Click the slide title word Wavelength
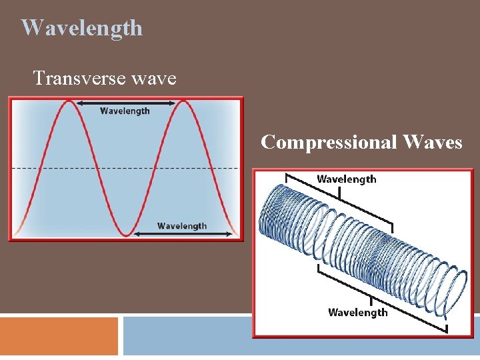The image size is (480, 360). click(81, 28)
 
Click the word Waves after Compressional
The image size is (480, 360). click(433, 142)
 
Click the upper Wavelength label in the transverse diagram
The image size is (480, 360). click(125, 111)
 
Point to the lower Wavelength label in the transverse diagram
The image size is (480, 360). click(182, 226)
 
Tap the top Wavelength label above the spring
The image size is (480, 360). click(346, 179)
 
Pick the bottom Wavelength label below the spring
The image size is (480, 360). click(358, 312)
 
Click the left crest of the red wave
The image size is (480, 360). click(69, 101)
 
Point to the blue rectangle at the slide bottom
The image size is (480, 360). click(187, 337)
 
